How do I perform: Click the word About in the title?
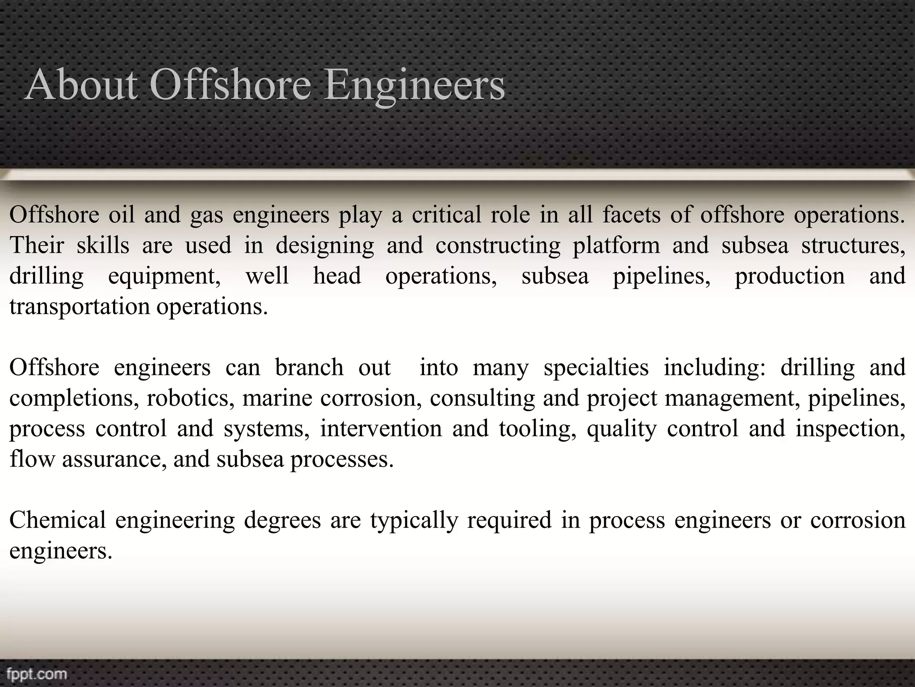(81, 85)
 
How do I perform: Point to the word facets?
(631, 215)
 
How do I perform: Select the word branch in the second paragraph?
(309, 368)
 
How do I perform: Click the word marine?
(277, 398)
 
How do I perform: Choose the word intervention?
(381, 428)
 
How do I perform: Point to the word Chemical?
(58, 520)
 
